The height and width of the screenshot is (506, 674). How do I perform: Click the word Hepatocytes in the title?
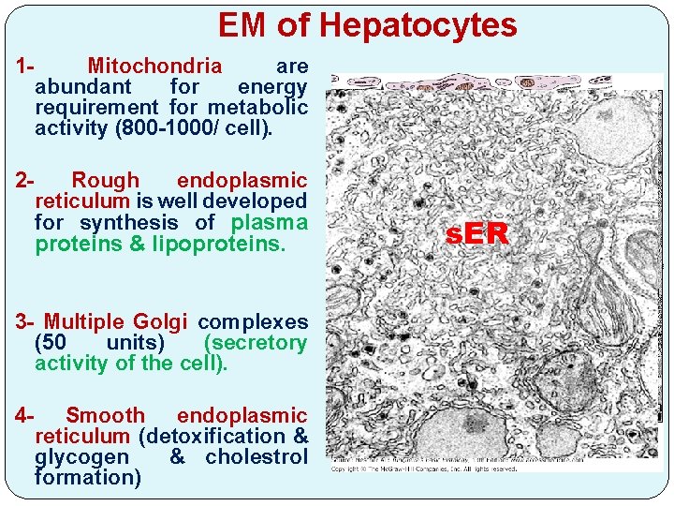[x=418, y=25]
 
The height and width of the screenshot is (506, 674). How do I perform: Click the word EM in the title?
[x=244, y=25]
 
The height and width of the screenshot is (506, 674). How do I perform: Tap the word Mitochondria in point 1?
[x=154, y=67]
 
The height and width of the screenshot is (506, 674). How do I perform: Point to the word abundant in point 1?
[x=82, y=87]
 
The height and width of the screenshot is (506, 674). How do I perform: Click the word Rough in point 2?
[x=105, y=180]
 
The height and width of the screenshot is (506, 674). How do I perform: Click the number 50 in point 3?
[x=51, y=343]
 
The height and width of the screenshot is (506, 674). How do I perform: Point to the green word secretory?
[x=255, y=343]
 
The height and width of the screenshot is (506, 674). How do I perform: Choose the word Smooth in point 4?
[x=106, y=415]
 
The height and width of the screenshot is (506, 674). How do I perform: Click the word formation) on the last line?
[x=88, y=478]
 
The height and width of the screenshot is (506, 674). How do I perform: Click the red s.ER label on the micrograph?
[x=477, y=234]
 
